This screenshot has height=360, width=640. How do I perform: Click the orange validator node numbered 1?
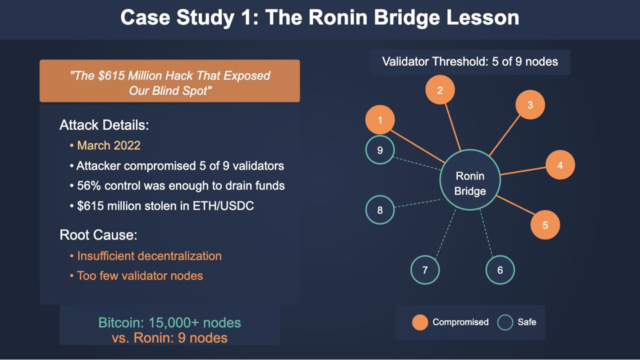point(380,120)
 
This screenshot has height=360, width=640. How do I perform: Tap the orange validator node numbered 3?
point(530,105)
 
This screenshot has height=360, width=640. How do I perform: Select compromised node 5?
point(545,225)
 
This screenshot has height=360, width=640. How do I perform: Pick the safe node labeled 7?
point(425,270)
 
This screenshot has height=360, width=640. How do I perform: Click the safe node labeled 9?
point(380,150)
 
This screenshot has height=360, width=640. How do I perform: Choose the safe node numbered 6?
point(500,270)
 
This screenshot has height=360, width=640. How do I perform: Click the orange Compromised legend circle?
point(420,323)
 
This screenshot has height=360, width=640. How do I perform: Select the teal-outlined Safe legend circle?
point(505,323)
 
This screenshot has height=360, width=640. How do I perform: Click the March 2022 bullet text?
point(108,145)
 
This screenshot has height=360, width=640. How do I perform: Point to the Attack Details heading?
point(104,125)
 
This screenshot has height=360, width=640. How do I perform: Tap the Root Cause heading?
point(98,235)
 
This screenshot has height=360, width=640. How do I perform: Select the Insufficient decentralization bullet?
point(149,256)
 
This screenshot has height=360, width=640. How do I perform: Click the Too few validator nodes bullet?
point(140,276)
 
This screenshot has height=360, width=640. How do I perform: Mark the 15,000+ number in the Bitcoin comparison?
point(172,323)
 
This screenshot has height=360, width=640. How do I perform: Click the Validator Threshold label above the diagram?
point(470,61)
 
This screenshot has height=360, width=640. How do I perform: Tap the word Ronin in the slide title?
point(338,18)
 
